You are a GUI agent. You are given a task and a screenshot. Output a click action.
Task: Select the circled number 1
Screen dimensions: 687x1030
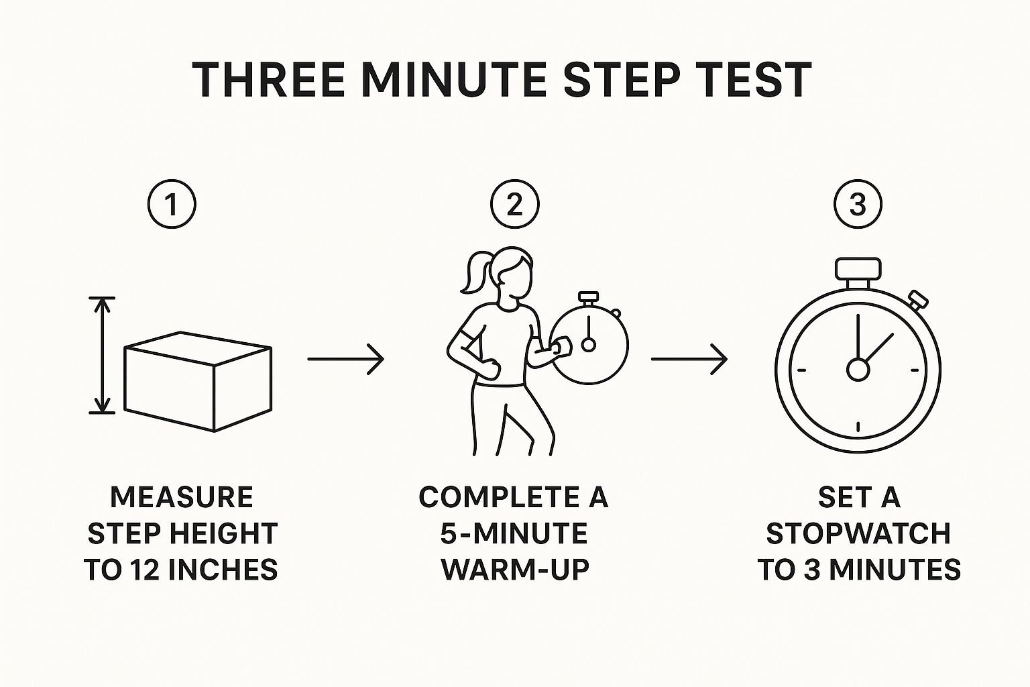pyautogui.click(x=172, y=205)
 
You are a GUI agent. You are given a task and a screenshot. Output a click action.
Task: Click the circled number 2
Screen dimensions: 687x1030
pyautogui.click(x=515, y=205)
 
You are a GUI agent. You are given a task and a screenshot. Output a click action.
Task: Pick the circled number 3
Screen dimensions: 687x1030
pyautogui.click(x=858, y=205)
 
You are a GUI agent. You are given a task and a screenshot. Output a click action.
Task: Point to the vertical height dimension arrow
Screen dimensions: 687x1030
pyautogui.click(x=101, y=355)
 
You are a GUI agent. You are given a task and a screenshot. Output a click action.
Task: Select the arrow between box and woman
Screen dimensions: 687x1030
pyautogui.click(x=345, y=359)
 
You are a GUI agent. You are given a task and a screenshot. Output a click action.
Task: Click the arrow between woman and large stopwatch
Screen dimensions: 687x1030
pyautogui.click(x=689, y=359)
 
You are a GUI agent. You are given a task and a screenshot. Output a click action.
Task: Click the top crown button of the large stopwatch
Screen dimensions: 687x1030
pyautogui.click(x=858, y=269)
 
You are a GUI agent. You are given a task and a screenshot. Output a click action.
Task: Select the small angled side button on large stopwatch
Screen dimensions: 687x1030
pyautogui.click(x=917, y=298)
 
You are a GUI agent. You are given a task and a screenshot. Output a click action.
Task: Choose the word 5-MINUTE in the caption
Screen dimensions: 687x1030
pyautogui.click(x=514, y=533)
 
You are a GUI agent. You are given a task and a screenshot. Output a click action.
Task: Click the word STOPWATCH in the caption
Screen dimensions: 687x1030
pyautogui.click(x=858, y=533)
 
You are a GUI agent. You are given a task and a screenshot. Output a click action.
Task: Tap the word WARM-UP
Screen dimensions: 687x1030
pyautogui.click(x=514, y=570)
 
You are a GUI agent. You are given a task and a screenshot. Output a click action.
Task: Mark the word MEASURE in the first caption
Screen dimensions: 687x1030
pyautogui.click(x=181, y=497)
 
